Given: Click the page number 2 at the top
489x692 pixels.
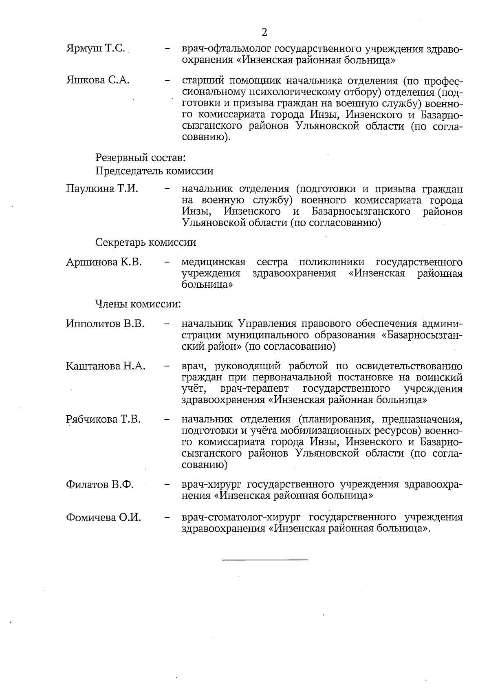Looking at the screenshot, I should [x=264, y=32].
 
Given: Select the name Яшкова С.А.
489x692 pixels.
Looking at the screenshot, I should [x=98, y=80].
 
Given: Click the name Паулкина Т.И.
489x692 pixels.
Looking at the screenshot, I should [x=102, y=189].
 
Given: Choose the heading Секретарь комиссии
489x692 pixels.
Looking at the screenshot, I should [x=146, y=242].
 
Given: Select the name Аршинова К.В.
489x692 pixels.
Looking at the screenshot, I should [x=104, y=262].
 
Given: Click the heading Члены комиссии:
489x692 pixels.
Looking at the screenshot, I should [x=138, y=304].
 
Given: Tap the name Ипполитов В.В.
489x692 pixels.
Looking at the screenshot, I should [x=105, y=324].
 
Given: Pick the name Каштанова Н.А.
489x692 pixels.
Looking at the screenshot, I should [x=106, y=366].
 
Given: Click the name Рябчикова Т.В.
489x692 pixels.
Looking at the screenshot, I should [x=104, y=419].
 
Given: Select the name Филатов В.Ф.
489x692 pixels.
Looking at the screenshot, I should [x=100, y=485].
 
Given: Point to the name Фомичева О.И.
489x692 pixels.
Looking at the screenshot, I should [x=104, y=518].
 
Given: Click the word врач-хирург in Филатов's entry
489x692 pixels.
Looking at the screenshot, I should [x=211, y=485].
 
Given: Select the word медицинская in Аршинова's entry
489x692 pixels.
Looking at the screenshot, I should [x=213, y=262].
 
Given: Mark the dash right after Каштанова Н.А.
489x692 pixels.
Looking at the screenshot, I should [x=167, y=366].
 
